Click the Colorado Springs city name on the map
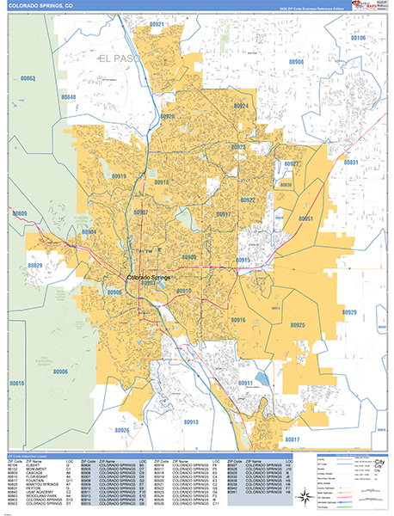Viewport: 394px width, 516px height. pos(150,278)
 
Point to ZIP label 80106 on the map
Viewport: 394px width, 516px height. pos(357,38)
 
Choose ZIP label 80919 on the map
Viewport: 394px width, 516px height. pos(119,176)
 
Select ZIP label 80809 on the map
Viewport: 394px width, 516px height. pos(19,213)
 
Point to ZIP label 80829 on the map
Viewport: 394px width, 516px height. pos(35,266)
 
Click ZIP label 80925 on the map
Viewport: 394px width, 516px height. pos(298,325)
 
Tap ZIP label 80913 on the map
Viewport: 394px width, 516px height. pos(191,422)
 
